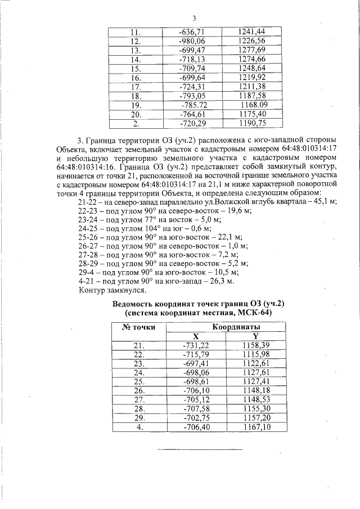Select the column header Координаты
pyautogui.click(x=236, y=327)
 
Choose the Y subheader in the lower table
pyautogui.click(x=255, y=336)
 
